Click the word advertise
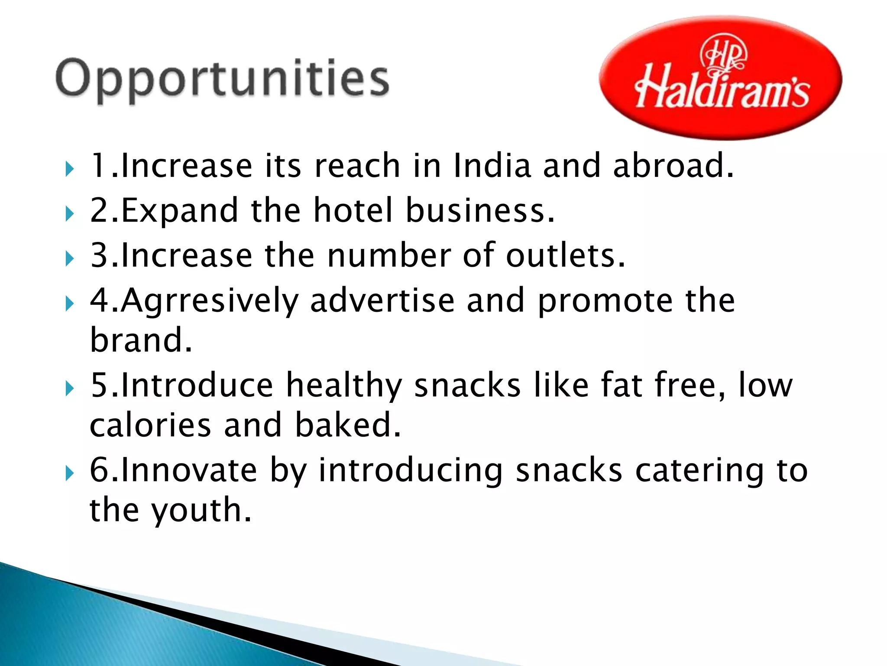click(x=382, y=300)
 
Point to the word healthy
click(x=344, y=385)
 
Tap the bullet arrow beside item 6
click(x=70, y=473)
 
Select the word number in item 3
click(x=389, y=255)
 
